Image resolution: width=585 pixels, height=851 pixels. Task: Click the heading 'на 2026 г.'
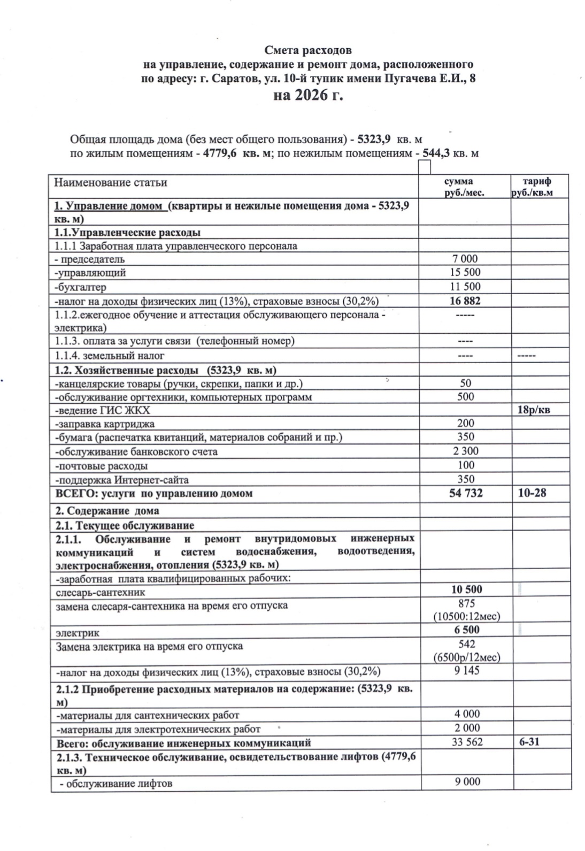click(x=307, y=96)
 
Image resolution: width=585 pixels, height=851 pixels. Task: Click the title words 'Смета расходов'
click(x=309, y=51)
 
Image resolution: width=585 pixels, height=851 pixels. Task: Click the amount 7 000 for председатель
click(x=465, y=259)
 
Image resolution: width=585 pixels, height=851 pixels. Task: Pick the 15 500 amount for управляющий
click(x=465, y=272)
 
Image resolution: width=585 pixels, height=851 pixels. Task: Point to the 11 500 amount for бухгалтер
click(x=465, y=286)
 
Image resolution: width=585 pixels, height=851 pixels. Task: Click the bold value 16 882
click(x=465, y=300)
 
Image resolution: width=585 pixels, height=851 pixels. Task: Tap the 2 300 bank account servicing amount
click(x=466, y=451)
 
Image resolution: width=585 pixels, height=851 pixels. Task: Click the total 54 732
click(x=466, y=493)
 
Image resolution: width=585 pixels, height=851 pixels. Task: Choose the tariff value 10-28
click(x=532, y=493)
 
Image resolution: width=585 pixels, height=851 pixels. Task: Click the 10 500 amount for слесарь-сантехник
click(x=466, y=589)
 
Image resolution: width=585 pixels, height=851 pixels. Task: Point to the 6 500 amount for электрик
click(x=466, y=630)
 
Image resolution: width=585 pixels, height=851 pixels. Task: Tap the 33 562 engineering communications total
click(x=467, y=742)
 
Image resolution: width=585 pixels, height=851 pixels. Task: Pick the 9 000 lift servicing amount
click(x=467, y=781)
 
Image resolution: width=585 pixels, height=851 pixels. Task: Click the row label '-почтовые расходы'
click(x=102, y=466)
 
